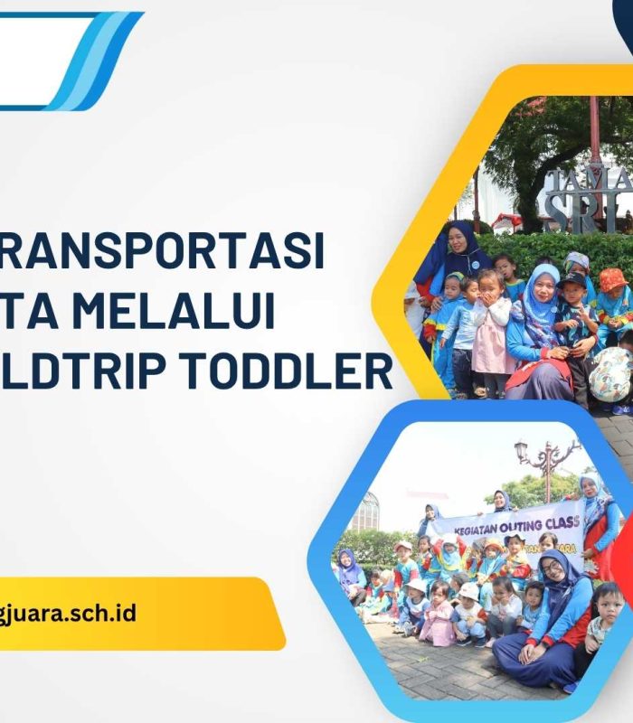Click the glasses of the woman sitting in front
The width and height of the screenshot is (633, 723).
[x=551, y=568]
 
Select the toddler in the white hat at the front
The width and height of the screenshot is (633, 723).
[x=470, y=606]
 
